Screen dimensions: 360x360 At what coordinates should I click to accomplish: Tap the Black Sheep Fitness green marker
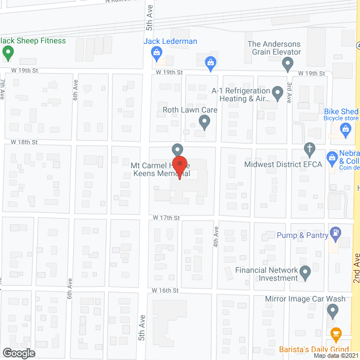[8, 53]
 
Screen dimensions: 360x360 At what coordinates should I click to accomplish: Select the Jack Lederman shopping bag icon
[157, 53]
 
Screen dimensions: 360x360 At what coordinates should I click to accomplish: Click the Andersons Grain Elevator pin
[288, 65]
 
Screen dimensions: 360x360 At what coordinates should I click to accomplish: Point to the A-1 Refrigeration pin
[277, 92]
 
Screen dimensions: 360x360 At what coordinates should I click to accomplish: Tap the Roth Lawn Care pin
[205, 121]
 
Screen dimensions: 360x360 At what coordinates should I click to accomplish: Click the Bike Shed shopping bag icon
[346, 130]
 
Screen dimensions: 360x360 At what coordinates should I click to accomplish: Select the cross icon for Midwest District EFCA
[309, 150]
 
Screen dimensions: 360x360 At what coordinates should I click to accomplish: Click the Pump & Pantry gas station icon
[336, 232]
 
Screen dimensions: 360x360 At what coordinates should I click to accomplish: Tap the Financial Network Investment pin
[305, 273]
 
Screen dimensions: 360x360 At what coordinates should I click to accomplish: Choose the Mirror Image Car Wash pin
[332, 310]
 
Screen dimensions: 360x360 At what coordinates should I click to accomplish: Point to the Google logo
[18, 353]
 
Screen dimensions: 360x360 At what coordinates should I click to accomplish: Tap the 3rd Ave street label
[290, 93]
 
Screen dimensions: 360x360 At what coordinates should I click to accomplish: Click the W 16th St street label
[165, 290]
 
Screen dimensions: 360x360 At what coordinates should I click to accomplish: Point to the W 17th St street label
[165, 217]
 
